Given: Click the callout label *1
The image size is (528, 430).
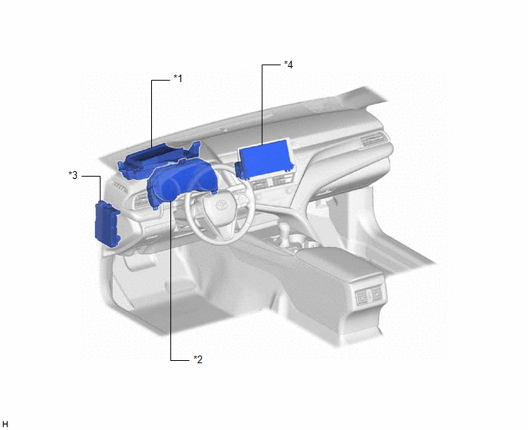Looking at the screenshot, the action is point(178,78).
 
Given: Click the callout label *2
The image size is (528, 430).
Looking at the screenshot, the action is point(198,359).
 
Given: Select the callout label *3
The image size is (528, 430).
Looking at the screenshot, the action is point(73,175).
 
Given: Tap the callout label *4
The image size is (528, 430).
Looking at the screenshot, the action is point(289,64).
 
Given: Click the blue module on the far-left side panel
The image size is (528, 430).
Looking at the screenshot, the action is point(107,223).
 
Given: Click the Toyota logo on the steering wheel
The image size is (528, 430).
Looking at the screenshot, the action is point(222,204).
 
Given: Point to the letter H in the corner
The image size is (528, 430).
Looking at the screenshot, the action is point(5,425).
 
